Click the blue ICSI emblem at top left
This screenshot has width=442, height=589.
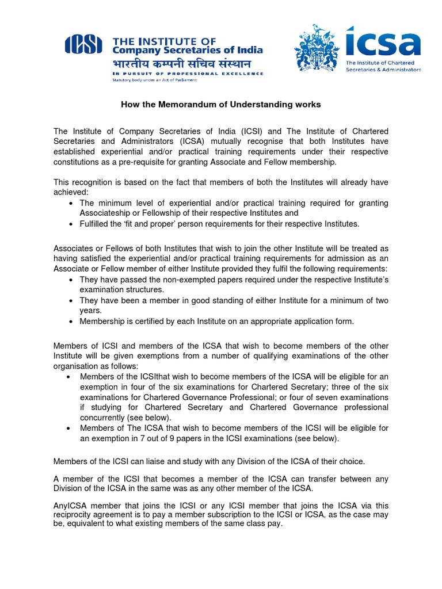point(83,44)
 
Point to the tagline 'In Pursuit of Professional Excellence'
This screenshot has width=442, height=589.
point(188,74)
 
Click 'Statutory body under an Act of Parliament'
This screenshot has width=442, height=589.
point(154,80)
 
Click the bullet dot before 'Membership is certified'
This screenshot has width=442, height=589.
point(70,321)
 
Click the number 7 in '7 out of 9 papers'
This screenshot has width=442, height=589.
point(135,438)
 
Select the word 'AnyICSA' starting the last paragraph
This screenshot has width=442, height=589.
point(69,506)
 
